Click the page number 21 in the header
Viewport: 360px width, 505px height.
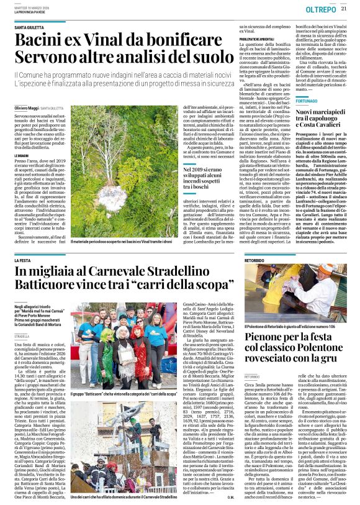pyautogui.click(x=343, y=8)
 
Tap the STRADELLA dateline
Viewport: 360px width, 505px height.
pyautogui.click(x=22, y=334)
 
